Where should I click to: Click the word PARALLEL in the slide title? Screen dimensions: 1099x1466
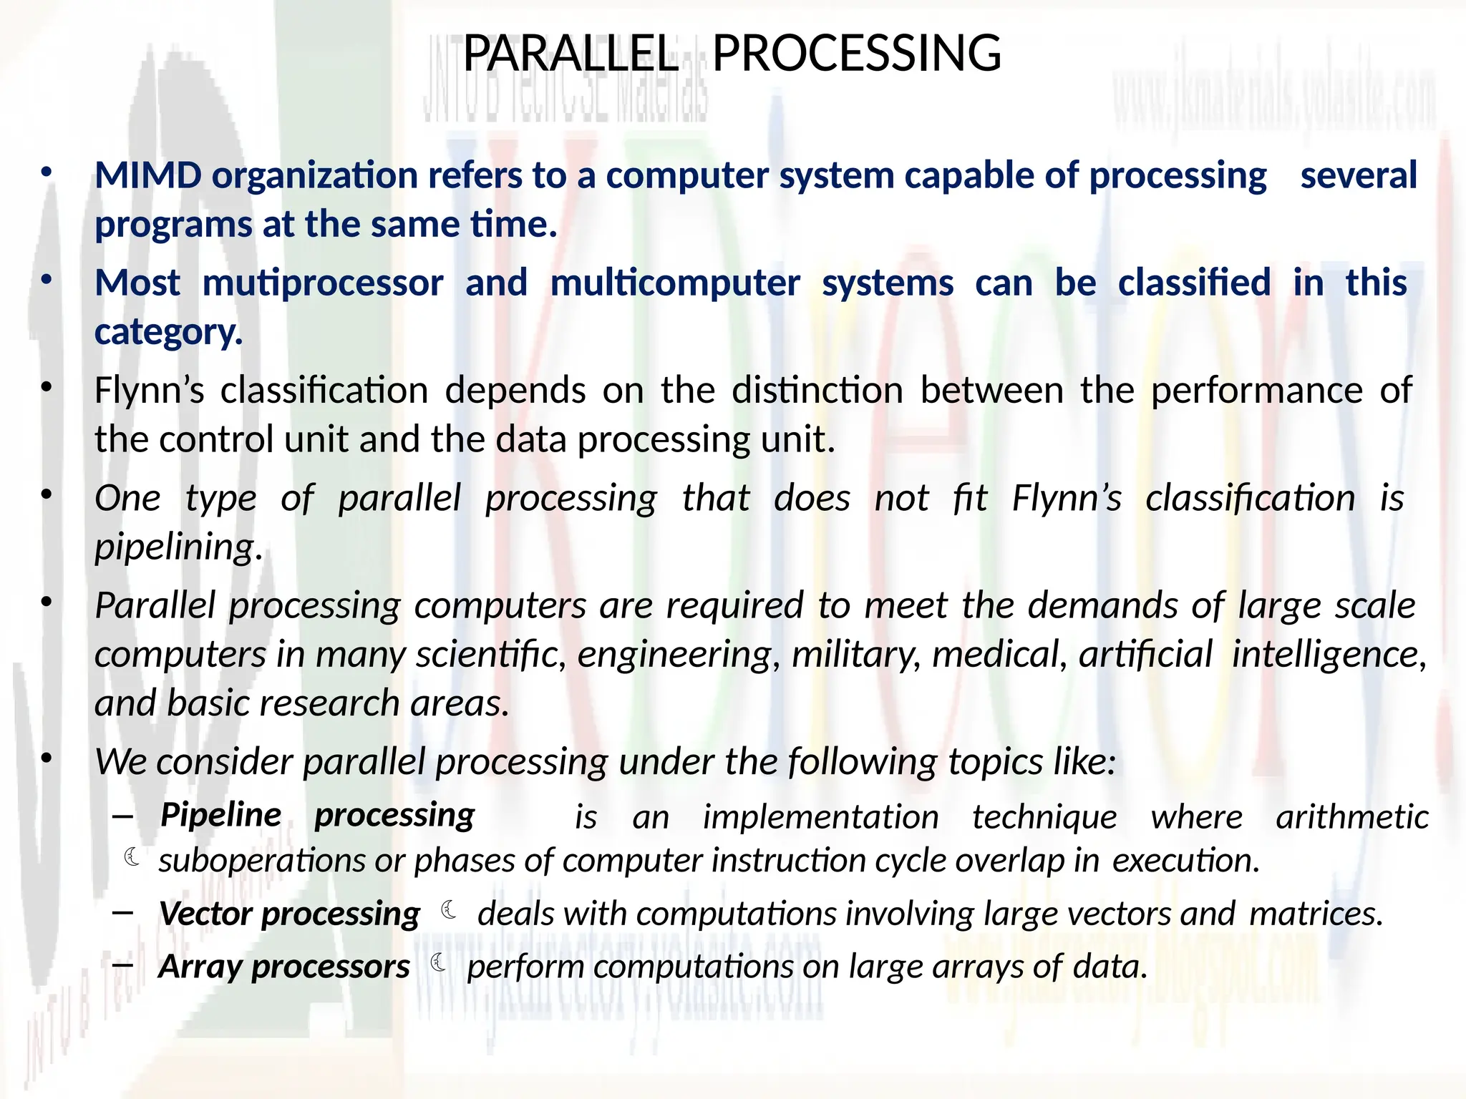570,54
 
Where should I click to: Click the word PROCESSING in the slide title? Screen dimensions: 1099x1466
856,54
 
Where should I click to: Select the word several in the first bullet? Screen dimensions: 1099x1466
1358,175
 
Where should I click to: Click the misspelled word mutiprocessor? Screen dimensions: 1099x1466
323,283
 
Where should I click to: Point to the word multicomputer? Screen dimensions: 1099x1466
674,283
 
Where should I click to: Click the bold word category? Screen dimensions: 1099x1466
168,332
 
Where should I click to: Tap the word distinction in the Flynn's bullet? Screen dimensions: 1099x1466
817,391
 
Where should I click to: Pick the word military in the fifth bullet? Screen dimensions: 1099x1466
856,655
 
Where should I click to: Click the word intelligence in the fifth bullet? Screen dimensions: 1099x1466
1329,655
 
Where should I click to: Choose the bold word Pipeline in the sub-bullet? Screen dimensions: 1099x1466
220,815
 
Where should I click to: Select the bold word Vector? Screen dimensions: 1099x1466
205,914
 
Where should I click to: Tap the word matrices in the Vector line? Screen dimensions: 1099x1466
1315,914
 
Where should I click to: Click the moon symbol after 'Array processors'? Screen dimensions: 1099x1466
439,964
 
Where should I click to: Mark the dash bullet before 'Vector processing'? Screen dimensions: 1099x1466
122,912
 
